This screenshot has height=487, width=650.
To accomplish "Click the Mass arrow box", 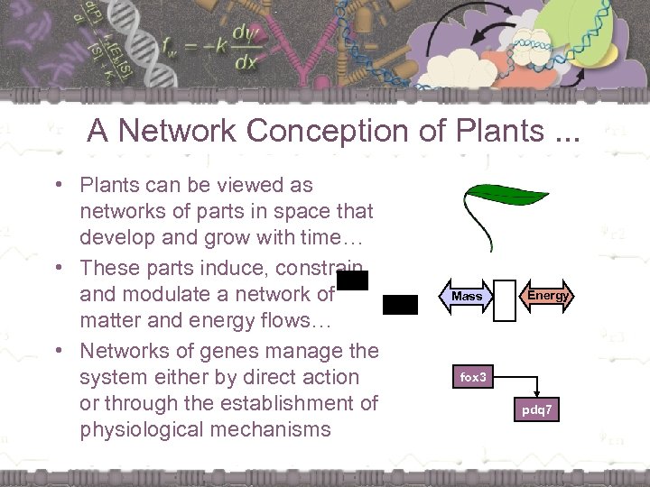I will [468, 296].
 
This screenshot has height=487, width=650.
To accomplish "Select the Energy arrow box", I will [548, 296].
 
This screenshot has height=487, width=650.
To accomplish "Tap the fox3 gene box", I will [474, 377].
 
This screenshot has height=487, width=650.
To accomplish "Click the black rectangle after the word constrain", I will [353, 281].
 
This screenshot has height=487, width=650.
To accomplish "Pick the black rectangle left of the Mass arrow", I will [400, 305].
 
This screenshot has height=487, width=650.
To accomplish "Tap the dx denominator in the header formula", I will [244, 64].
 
